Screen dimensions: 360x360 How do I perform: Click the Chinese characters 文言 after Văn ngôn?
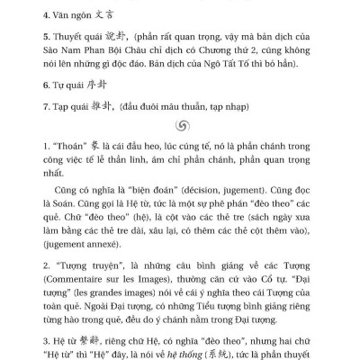pos(94,15)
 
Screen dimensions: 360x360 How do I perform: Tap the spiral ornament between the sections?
pos(180,154)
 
